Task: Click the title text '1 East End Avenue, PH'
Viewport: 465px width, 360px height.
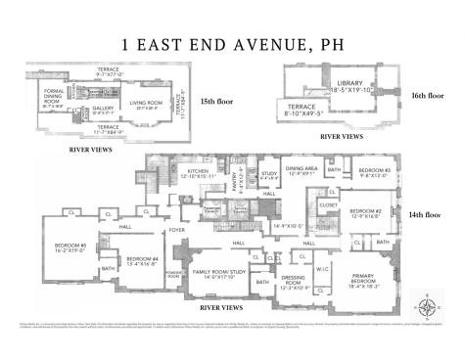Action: (x=232, y=43)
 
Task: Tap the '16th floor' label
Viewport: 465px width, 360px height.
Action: (x=428, y=97)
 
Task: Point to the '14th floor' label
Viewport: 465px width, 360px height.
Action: (x=428, y=213)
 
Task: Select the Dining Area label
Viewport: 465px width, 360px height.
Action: (x=301, y=170)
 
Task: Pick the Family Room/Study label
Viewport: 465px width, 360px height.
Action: (x=217, y=274)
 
